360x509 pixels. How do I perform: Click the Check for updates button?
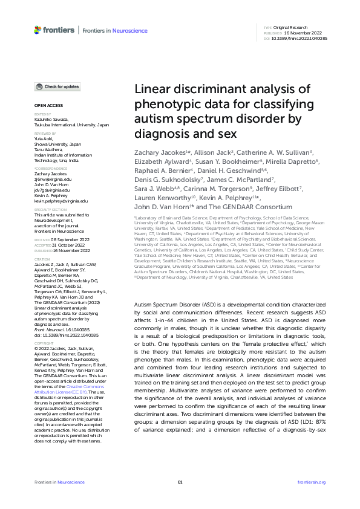57,87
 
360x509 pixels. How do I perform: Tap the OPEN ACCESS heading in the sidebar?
45,106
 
